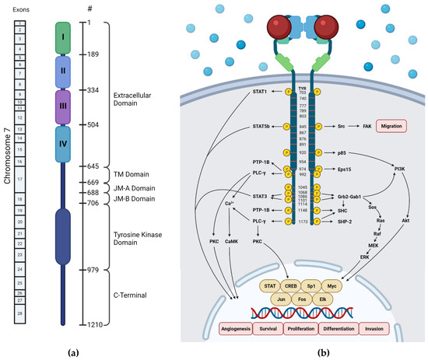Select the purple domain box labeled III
(x=63, y=107)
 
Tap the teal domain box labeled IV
(x=63, y=144)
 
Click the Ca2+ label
(x=230, y=204)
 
